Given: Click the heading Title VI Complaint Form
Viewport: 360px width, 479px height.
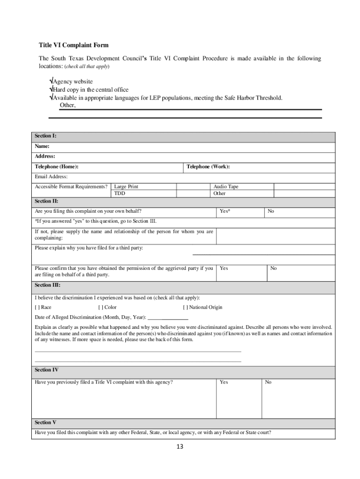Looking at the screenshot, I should (x=73, y=45).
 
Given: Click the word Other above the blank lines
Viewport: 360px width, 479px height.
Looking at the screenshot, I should (x=67, y=105).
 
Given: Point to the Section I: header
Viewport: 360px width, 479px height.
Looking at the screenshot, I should (x=45, y=136).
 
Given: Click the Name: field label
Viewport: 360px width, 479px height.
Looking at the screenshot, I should (x=42, y=146).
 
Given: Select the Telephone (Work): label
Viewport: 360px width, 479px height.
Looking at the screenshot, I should (x=208, y=167).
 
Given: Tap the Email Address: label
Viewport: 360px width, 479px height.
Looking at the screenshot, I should (x=51, y=177).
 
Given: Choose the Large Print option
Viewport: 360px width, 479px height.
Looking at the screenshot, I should (x=126, y=187).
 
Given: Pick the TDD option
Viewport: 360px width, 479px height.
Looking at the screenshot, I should (x=120, y=193).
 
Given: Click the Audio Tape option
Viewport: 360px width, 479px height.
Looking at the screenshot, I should (x=226, y=187).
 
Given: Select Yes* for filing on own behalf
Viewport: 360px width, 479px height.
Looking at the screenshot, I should (x=225, y=211).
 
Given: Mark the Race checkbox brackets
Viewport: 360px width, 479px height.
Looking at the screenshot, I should (x=37, y=307).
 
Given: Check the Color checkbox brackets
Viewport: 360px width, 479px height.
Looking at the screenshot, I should (x=101, y=307).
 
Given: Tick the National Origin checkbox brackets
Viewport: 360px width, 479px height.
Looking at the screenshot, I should (x=185, y=307).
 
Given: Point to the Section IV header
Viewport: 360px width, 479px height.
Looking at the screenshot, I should (x=46, y=370).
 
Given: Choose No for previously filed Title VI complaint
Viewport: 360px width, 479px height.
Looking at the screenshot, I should (x=268, y=382).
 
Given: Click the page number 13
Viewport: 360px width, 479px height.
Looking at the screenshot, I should (x=180, y=447).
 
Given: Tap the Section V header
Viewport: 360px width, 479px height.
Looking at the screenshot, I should (x=45, y=422).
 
